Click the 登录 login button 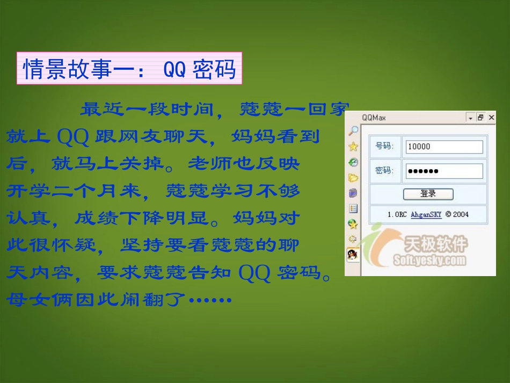click(428, 194)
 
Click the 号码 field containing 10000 click(445, 147)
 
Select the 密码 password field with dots click(445, 171)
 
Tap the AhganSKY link click(426, 214)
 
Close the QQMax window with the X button click(491, 117)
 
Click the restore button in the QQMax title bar click(480, 117)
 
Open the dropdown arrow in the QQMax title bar click(470, 117)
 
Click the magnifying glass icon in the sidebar click(353, 131)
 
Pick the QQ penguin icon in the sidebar click(353, 254)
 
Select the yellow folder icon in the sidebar click(353, 177)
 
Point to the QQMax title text click(374, 117)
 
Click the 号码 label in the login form click(384, 146)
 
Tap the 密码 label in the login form click(384, 171)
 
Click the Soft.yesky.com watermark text click(429, 261)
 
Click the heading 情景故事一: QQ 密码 click(129, 69)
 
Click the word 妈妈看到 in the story click(275, 136)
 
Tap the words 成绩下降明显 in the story click(141, 218)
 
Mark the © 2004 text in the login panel click(457, 214)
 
